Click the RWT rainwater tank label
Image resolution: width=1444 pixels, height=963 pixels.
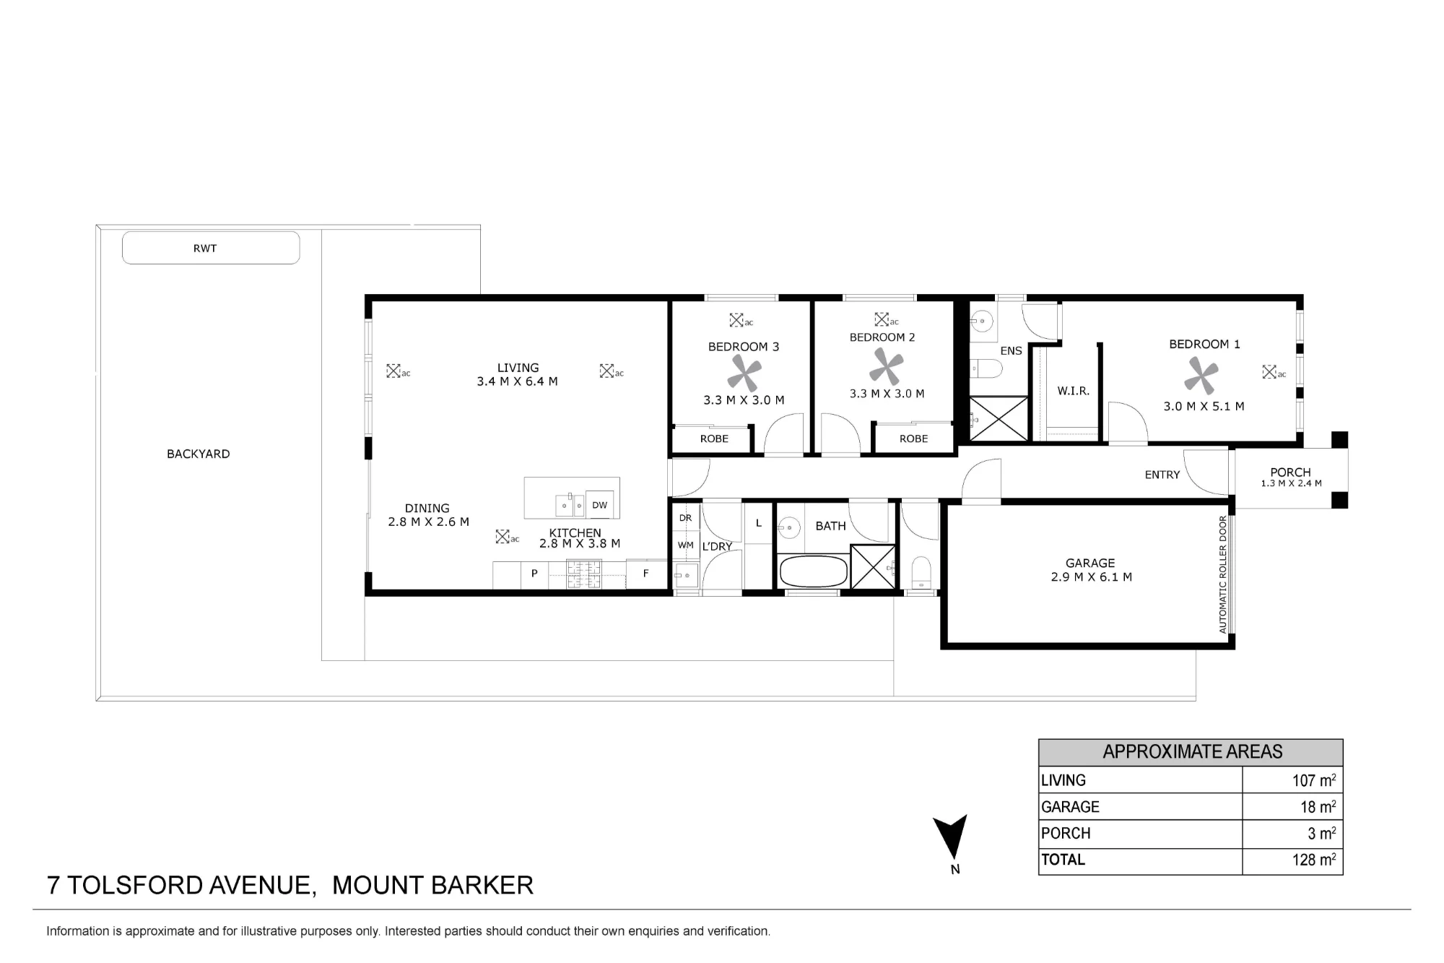point(205,248)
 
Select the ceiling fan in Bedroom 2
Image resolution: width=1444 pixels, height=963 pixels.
point(885,366)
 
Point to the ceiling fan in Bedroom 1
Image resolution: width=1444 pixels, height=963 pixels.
point(1201,377)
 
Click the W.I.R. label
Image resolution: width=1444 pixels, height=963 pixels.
point(1073,391)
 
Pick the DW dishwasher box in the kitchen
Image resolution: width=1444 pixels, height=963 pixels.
point(600,505)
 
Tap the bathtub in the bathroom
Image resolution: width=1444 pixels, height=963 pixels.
point(814,571)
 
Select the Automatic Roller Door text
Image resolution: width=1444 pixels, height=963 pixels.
point(1223,574)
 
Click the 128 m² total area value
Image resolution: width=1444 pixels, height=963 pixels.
point(1314,860)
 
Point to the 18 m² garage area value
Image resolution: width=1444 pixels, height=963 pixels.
point(1318,806)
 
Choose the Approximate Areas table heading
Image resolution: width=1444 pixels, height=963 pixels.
point(1193,751)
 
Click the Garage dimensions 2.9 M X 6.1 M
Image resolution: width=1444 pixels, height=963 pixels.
point(1091,576)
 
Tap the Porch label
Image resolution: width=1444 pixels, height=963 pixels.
point(1290,472)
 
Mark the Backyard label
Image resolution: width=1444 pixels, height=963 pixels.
point(199,454)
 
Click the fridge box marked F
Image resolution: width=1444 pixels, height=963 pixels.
point(646,574)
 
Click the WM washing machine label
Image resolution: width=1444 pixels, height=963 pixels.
point(685,545)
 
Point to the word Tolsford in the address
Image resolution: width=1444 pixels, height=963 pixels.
point(136,885)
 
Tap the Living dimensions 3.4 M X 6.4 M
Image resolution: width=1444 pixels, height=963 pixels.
point(517,381)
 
